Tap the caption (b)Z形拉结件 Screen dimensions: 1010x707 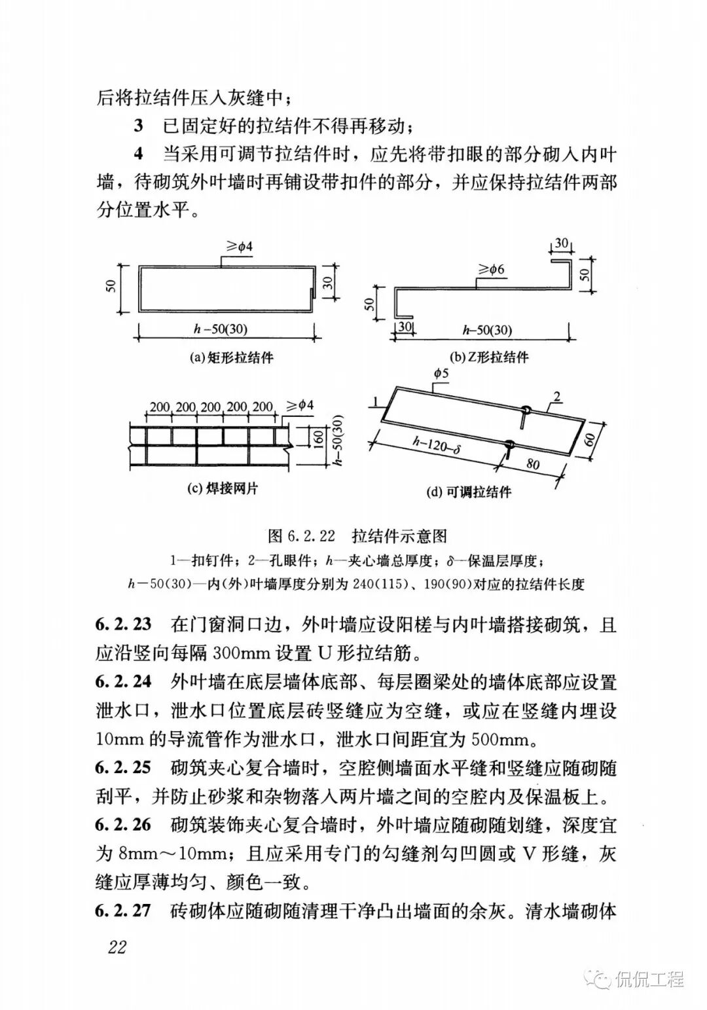point(489,357)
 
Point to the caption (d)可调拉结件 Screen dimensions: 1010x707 point(469,492)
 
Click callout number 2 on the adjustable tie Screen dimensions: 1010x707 point(557,396)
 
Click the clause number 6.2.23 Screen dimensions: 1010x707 point(123,624)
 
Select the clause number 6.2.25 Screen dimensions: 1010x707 point(123,767)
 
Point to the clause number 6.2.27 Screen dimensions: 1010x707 point(123,911)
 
